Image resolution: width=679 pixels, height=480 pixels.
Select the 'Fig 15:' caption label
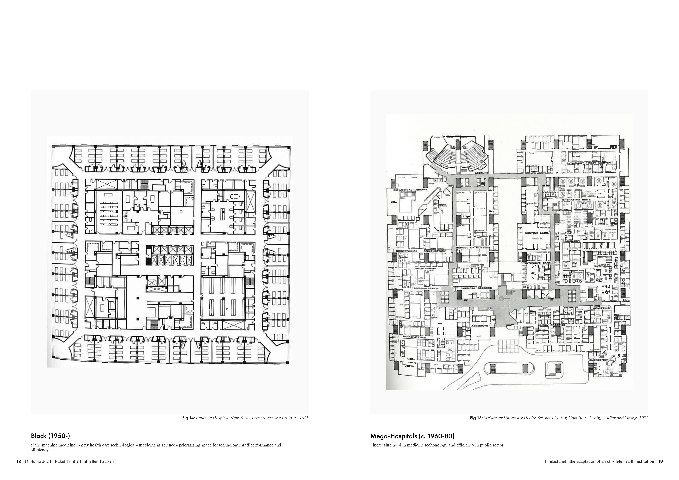[x=476, y=418]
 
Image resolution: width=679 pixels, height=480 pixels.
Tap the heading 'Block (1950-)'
[x=51, y=436]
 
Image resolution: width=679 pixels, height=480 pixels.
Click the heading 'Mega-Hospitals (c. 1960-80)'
[x=412, y=436]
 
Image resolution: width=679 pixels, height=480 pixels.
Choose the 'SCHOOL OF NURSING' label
[x=473, y=247]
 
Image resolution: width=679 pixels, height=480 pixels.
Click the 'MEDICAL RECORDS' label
[x=477, y=288]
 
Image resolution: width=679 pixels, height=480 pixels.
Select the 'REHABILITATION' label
[x=414, y=337]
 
